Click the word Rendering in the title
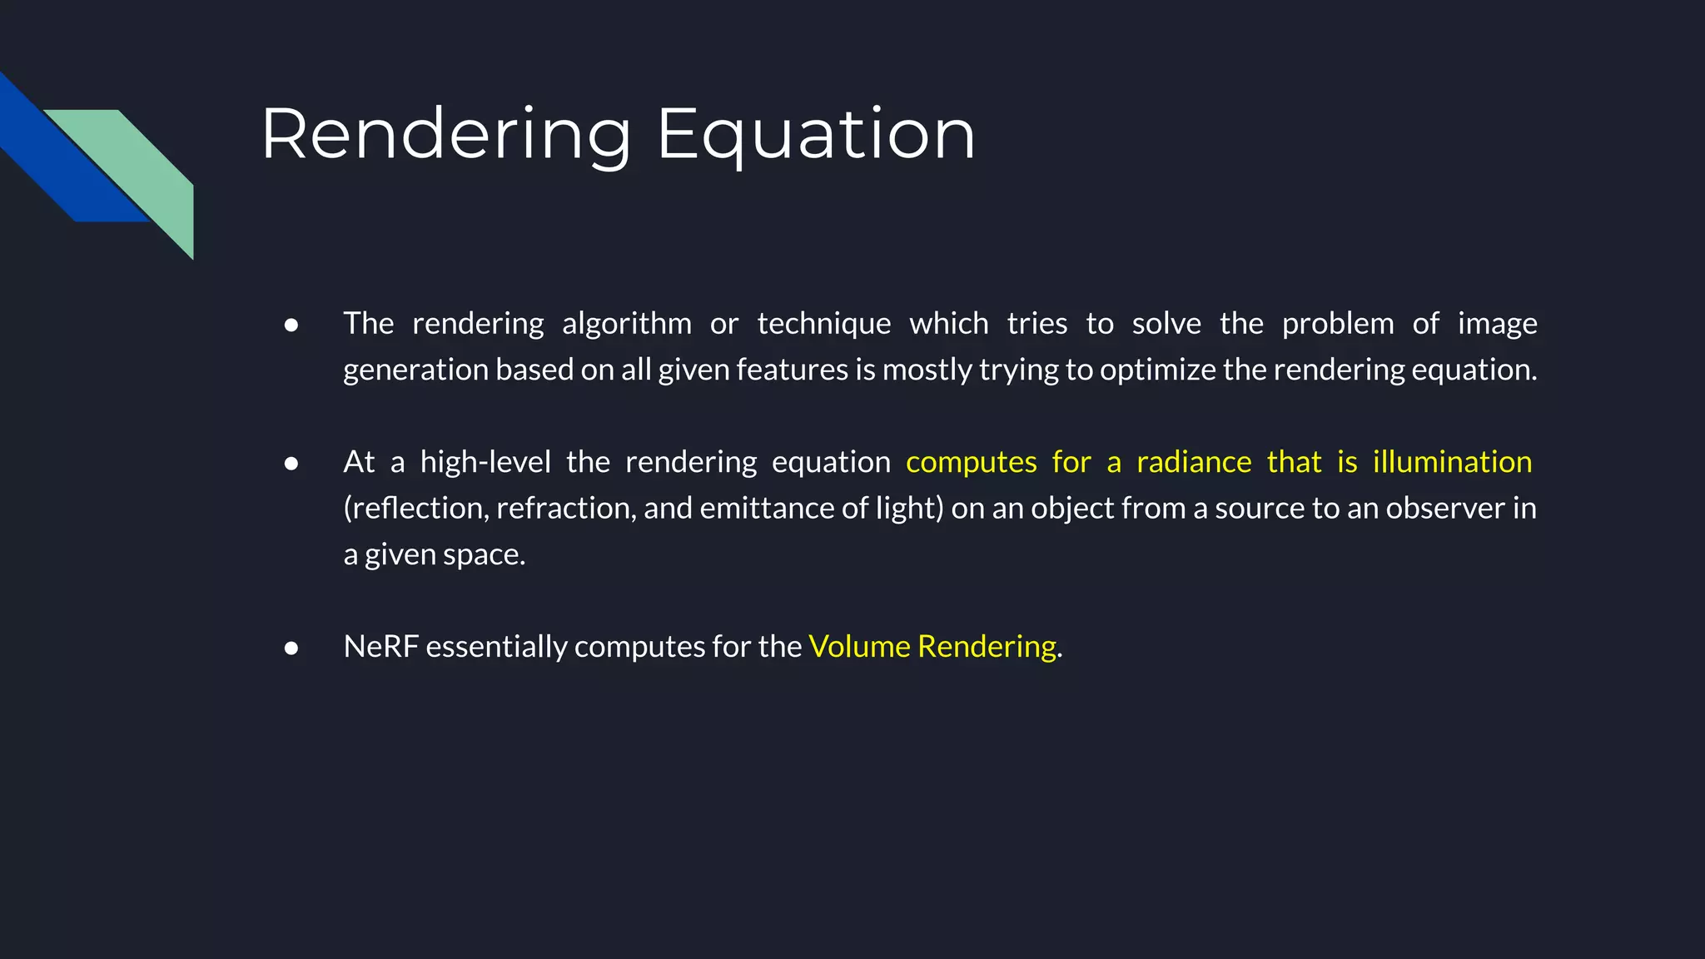click(x=446, y=135)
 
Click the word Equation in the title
click(x=816, y=135)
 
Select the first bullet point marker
click(x=291, y=325)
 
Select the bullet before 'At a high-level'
click(x=291, y=463)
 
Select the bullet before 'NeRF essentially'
click(x=291, y=648)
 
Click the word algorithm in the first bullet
click(x=626, y=324)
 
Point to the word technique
click(x=823, y=324)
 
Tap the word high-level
click(x=485, y=462)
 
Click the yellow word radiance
click(x=1194, y=462)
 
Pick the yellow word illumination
click(x=1452, y=462)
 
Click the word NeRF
click(x=380, y=647)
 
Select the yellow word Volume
click(x=859, y=647)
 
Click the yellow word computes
click(x=971, y=462)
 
